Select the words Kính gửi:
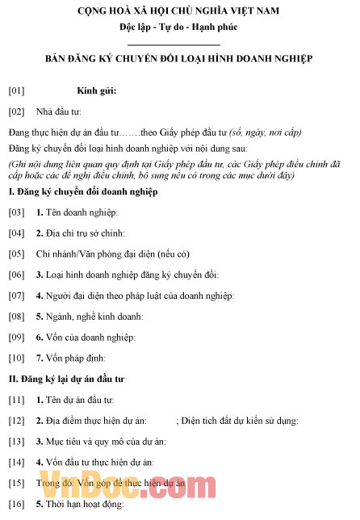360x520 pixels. click(97, 90)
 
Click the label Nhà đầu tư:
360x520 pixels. click(59, 111)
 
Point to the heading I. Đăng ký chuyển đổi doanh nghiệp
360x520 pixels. click(82, 191)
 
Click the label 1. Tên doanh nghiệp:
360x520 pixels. click(77, 212)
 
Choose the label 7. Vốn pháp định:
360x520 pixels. click(71, 358)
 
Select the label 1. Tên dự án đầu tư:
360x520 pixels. click(75, 400)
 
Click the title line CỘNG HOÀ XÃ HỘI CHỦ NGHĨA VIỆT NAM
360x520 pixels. click(179, 11)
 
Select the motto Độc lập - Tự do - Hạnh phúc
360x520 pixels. click(179, 27)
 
